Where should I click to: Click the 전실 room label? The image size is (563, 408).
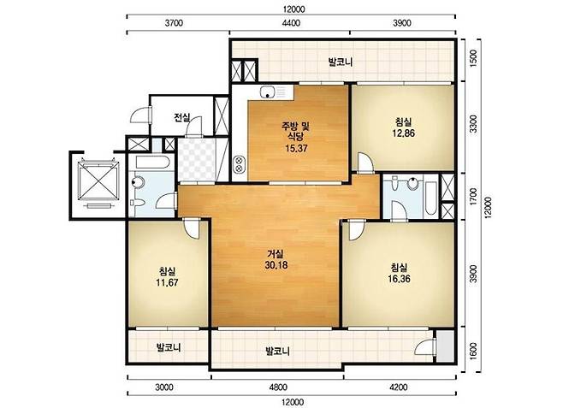click(x=182, y=117)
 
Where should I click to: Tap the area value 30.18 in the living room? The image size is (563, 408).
click(x=276, y=265)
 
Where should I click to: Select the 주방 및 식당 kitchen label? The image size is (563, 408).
click(x=295, y=131)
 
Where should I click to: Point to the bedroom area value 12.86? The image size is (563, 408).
click(x=404, y=133)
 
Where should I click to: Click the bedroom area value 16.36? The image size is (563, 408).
click(x=399, y=279)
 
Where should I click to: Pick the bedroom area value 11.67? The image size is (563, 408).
click(x=167, y=283)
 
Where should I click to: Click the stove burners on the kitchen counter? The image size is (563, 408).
click(x=238, y=164)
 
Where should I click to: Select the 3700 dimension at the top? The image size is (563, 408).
click(x=174, y=23)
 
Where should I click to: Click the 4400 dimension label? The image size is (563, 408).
click(x=291, y=23)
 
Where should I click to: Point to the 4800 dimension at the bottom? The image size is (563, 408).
click(x=278, y=387)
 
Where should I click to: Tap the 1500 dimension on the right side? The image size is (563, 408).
click(x=474, y=56)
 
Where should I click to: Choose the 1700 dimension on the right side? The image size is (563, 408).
click(x=474, y=196)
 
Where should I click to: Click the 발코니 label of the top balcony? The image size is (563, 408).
click(x=341, y=62)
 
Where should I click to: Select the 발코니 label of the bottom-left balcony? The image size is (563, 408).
click(x=169, y=347)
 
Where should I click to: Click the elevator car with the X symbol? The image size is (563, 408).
click(x=98, y=180)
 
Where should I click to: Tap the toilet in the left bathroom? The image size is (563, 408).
click(x=137, y=182)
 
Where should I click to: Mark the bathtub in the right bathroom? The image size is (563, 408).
click(x=430, y=198)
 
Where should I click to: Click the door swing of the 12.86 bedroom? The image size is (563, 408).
click(x=365, y=163)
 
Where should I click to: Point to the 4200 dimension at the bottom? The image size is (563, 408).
click(x=398, y=387)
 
